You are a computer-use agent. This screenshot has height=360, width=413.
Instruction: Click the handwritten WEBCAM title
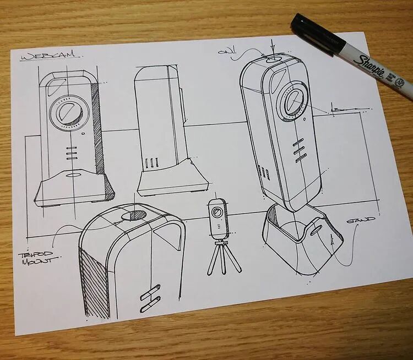pos(50,56)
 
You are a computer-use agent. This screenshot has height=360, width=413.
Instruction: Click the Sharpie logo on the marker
pos(369,66)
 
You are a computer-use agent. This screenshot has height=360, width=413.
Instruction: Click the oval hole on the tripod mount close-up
pos(135,214)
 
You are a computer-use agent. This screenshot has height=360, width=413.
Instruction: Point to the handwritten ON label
pos(225,52)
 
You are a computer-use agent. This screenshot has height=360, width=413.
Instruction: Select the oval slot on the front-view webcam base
pos(73,177)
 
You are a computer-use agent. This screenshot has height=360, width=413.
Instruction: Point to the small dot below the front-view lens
pos(83,133)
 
